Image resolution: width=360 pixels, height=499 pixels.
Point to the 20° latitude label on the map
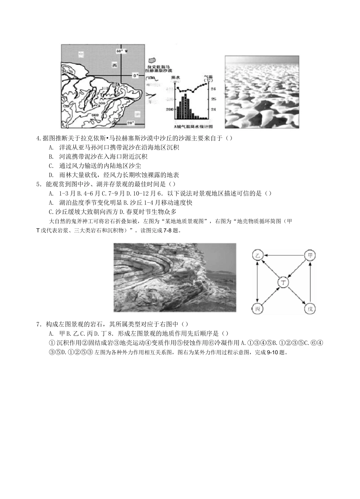pyautogui.click(x=130, y=122)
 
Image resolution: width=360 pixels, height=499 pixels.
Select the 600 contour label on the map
pyautogui.click(x=95, y=115)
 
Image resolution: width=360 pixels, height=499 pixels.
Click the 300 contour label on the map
pyautogui.click(x=101, y=103)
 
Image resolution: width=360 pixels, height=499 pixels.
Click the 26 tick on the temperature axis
pyautogui.click(x=213, y=89)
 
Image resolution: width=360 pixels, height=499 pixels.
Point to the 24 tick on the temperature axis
pyautogui.click(x=213, y=109)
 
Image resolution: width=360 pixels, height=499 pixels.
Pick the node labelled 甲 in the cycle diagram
pyautogui.click(x=310, y=256)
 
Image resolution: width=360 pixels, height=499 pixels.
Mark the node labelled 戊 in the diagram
pyautogui.click(x=310, y=309)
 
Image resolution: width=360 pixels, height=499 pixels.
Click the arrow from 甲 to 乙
pyautogui.click(x=284, y=256)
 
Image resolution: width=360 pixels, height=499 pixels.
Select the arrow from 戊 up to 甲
pyautogui.click(x=310, y=282)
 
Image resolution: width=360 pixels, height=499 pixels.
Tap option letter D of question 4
pyautogui.click(x=51, y=175)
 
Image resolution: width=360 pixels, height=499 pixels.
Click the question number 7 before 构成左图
pyautogui.click(x=38, y=324)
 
